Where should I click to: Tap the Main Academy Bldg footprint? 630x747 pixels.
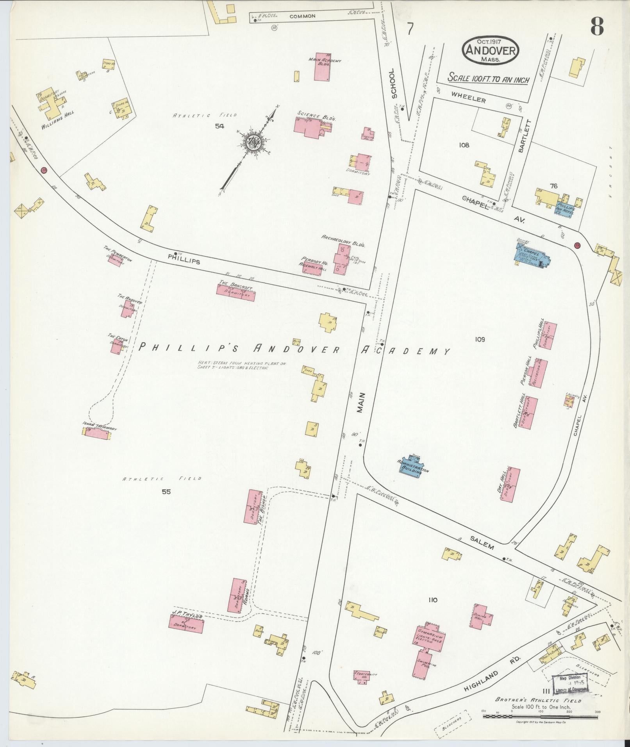(x=323, y=67)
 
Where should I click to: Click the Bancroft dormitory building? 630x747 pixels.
(x=236, y=292)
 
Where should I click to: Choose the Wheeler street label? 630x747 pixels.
(x=469, y=100)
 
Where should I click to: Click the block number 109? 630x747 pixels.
(x=480, y=339)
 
